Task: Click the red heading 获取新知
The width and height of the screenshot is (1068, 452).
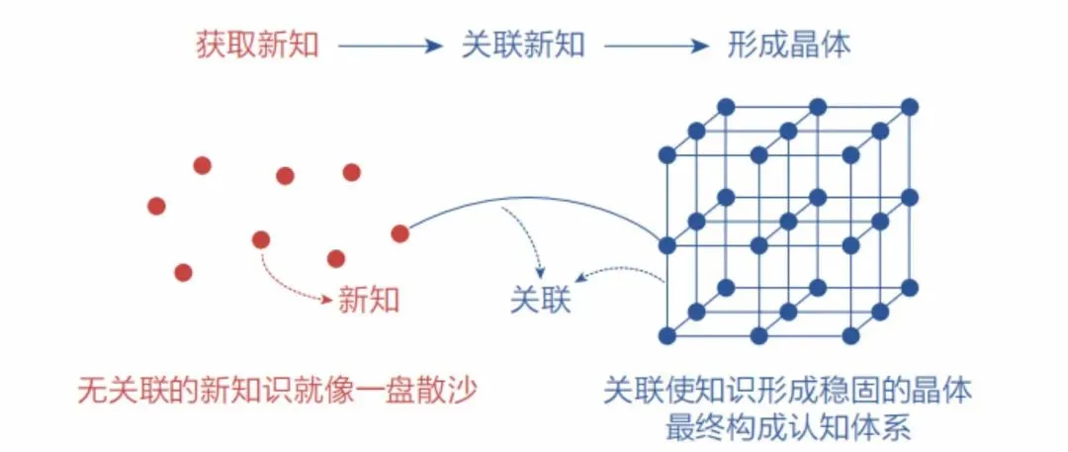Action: (x=257, y=45)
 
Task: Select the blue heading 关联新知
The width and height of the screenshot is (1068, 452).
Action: (x=522, y=45)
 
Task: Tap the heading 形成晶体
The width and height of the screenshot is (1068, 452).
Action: (x=787, y=45)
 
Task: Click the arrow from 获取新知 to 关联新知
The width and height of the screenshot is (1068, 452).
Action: (x=390, y=45)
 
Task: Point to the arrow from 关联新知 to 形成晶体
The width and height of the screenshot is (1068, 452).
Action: (x=657, y=45)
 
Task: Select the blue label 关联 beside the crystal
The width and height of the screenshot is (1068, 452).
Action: (x=540, y=299)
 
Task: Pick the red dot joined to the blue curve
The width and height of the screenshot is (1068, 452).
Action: (x=400, y=234)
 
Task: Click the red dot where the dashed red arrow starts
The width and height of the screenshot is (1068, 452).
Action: (x=261, y=239)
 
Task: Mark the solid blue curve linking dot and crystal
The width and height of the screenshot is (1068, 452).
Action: (x=534, y=203)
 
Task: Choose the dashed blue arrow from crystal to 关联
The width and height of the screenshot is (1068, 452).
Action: (x=618, y=272)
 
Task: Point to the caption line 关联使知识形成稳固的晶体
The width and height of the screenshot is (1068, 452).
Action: (x=787, y=391)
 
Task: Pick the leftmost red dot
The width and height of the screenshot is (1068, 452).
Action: (x=156, y=206)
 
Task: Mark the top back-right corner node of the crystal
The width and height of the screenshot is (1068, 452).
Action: (x=910, y=107)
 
